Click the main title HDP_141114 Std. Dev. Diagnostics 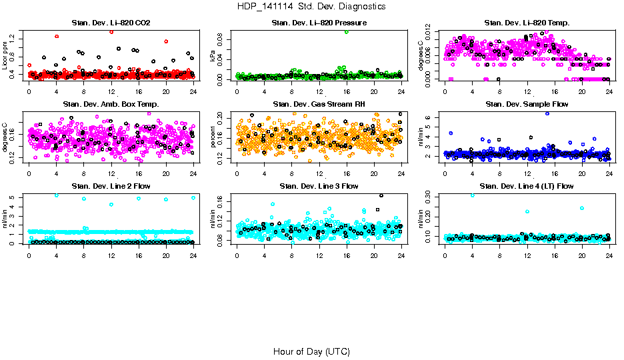click(311, 6)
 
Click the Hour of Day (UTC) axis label click(311, 351)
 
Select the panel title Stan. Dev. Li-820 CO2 click(111, 23)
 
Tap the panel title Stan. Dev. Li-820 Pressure click(319, 23)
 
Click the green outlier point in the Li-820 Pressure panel click(347, 32)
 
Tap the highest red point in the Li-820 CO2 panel click(111, 32)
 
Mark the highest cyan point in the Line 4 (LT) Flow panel click(473, 195)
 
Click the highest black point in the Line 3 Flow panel click(381, 195)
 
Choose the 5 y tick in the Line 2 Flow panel click(13, 197)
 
